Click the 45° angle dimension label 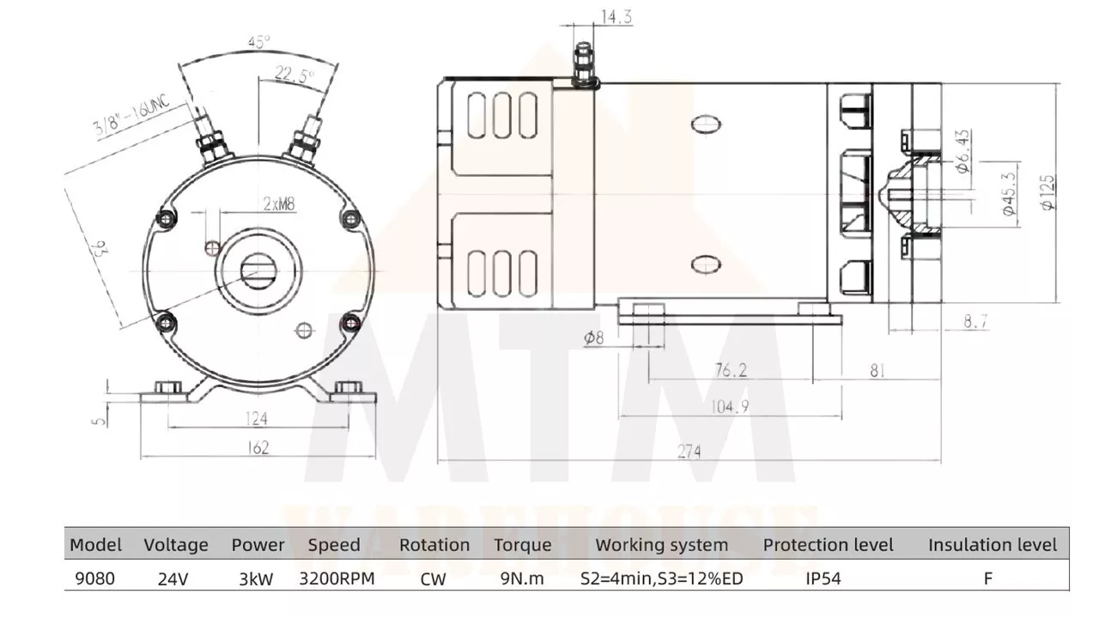259,42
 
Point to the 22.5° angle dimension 294,75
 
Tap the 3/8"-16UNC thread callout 131,114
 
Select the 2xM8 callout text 279,203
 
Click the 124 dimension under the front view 256,418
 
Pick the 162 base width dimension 258,447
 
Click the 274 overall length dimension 689,451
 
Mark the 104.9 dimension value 730,406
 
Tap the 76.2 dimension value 731,370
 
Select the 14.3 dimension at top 616,17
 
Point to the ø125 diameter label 1047,193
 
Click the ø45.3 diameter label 1009,194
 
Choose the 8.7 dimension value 975,321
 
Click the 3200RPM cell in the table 337,579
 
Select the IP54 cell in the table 823,579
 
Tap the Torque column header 523,545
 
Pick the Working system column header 662,545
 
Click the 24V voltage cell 173,579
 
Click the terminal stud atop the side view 584,64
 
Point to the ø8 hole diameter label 593,337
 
